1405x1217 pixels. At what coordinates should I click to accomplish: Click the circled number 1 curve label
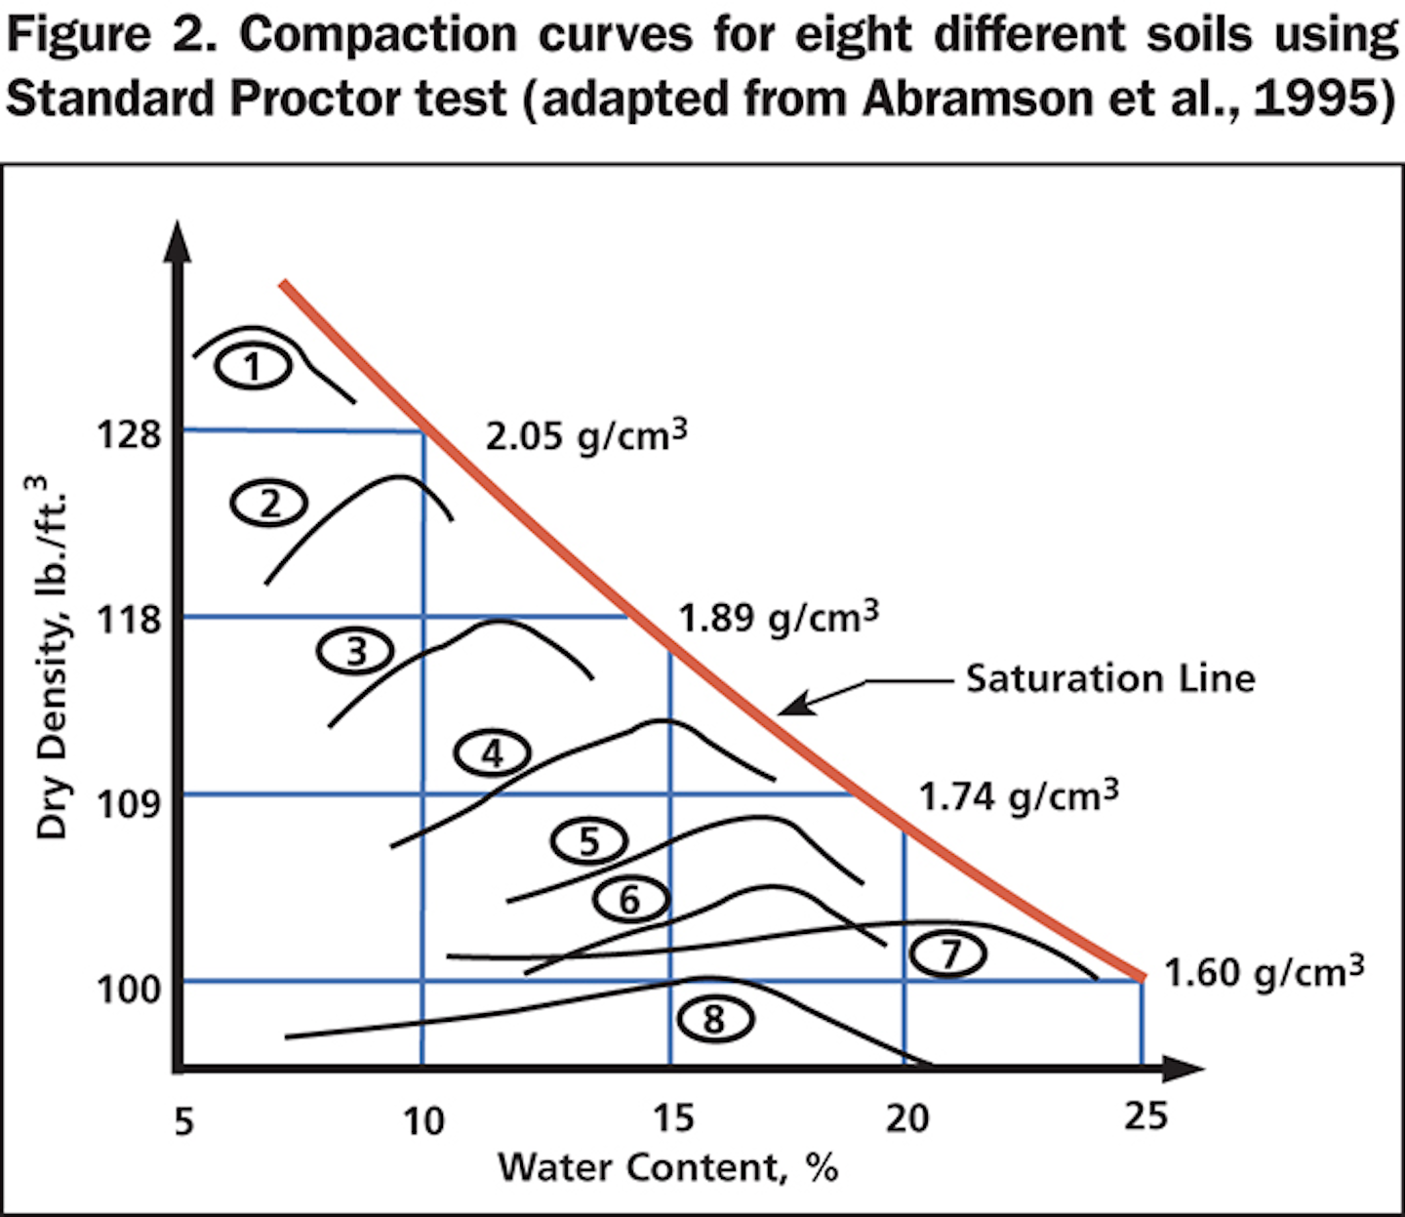(253, 368)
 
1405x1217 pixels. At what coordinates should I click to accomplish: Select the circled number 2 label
(269, 504)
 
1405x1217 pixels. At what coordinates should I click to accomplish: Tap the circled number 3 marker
(356, 650)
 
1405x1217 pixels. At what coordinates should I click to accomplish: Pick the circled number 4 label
(493, 753)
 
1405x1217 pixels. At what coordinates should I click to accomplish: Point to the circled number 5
(589, 841)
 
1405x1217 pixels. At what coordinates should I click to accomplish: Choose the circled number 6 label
(630, 899)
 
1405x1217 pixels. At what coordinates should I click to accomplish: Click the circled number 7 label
(949, 953)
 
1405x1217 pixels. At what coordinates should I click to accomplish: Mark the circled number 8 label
(714, 1019)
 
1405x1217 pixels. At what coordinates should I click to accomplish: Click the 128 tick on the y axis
(128, 433)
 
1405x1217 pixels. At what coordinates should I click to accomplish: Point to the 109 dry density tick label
(128, 804)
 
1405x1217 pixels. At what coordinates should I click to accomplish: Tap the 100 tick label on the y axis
(128, 990)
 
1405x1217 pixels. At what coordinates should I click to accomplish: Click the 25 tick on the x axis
(1144, 1115)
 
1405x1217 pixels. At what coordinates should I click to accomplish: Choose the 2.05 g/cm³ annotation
(585, 434)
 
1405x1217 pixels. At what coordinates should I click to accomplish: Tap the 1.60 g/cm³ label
(1264, 972)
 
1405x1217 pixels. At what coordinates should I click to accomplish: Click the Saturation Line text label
(1110, 678)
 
